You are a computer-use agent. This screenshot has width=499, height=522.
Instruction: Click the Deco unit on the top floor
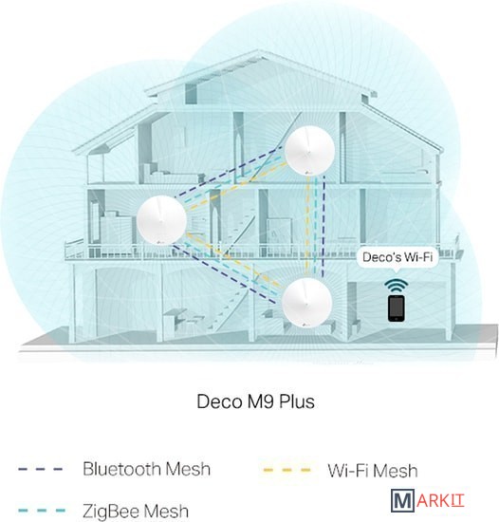point(309,150)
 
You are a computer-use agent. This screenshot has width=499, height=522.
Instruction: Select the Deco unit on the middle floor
point(161,220)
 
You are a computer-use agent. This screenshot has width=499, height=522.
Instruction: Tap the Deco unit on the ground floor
point(306,302)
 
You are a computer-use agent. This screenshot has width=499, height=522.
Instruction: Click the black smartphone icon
point(396,308)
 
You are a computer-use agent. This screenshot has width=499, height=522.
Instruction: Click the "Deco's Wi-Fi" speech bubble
point(397,258)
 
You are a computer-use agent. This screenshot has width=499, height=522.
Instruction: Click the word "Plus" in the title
point(296,401)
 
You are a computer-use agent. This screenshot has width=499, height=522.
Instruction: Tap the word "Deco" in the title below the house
point(219,401)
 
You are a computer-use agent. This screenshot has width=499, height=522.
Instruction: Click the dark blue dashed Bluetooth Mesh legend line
point(40,470)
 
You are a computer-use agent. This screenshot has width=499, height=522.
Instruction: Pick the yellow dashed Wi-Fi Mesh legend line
point(286,471)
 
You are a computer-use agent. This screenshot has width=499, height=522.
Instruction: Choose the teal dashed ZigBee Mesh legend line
point(42,511)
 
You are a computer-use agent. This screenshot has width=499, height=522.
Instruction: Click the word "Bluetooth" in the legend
point(121,469)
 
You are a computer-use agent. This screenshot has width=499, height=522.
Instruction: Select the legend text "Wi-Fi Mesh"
point(373,471)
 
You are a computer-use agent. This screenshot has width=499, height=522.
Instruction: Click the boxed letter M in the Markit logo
point(402,501)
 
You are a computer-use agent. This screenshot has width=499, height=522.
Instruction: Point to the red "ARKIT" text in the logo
point(439,501)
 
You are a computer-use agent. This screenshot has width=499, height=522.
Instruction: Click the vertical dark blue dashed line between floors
point(323,227)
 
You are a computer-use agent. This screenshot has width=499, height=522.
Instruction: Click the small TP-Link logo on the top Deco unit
point(307,173)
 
